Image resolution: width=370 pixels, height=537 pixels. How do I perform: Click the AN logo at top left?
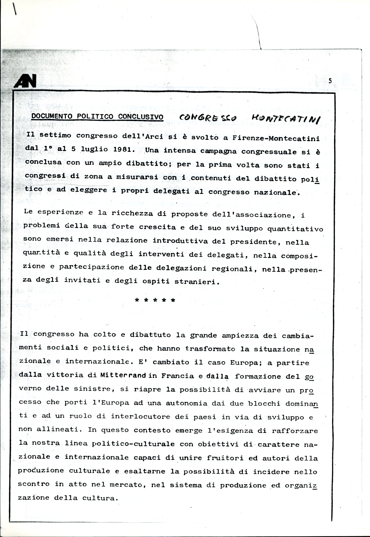(x=25, y=81)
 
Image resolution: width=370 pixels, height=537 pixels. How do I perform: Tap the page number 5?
(x=330, y=81)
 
